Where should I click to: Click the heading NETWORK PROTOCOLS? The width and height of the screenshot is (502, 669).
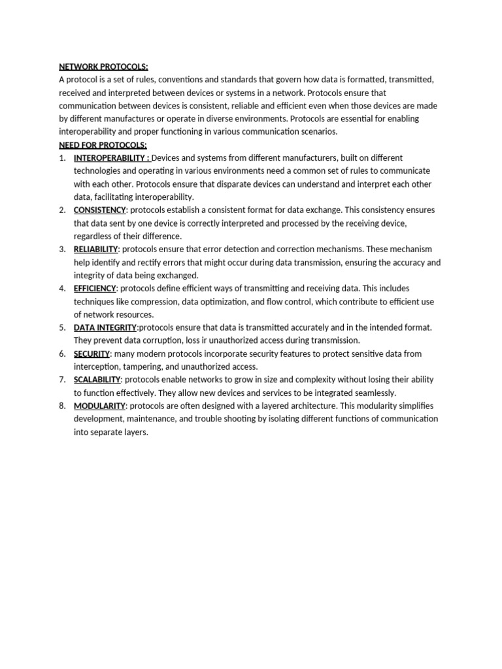point(103,67)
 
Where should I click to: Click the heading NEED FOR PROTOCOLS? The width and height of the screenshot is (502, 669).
point(103,145)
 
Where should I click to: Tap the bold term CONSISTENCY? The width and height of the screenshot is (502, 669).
point(99,210)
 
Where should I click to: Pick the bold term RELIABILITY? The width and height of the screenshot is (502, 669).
point(95,250)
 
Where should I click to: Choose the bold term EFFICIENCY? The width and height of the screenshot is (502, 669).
point(95,288)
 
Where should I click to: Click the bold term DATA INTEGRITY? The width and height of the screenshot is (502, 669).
point(105,327)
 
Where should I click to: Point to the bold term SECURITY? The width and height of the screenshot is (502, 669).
point(92,353)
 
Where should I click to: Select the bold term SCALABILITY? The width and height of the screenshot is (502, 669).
point(97,380)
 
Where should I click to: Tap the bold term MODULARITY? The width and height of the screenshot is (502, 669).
point(99,406)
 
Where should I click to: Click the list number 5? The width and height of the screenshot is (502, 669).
point(62,327)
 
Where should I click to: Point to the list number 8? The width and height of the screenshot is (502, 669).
point(62,406)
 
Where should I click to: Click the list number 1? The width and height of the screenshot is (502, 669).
point(62,158)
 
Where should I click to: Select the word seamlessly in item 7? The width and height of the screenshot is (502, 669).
point(372,393)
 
